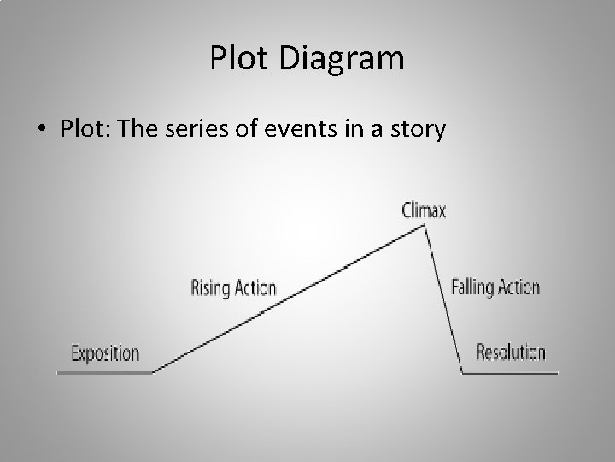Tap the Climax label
click(424, 210)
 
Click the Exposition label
click(105, 352)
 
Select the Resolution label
click(510, 352)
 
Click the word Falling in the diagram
click(471, 286)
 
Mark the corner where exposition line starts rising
click(154, 372)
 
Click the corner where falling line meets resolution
click(462, 373)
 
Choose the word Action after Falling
click(518, 286)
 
